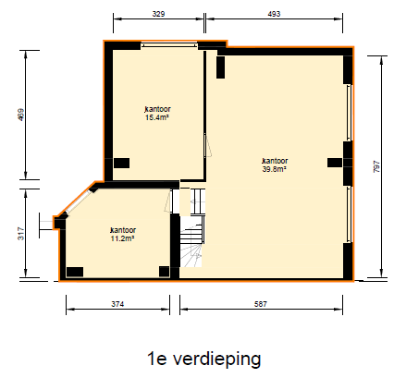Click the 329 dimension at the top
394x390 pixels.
pyautogui.click(x=158, y=15)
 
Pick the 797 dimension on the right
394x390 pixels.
pyautogui.click(x=376, y=167)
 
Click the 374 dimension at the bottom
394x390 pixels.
pyautogui.click(x=117, y=303)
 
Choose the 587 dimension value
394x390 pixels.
pyautogui.click(x=265, y=303)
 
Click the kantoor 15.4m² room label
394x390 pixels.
pyautogui.click(x=157, y=114)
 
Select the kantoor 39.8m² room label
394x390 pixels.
pyautogui.click(x=275, y=165)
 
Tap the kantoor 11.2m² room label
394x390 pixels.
pyautogui.click(x=122, y=233)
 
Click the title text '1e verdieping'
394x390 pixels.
pyautogui.click(x=203, y=358)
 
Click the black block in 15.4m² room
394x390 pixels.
pyautogui.click(x=121, y=163)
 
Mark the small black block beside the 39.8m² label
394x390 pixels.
pyautogui.click(x=333, y=163)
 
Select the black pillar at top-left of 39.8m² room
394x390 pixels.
pyautogui.click(x=220, y=67)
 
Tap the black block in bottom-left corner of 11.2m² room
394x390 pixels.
pyautogui.click(x=74, y=272)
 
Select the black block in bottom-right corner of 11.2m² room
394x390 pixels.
pyautogui.click(x=165, y=271)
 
